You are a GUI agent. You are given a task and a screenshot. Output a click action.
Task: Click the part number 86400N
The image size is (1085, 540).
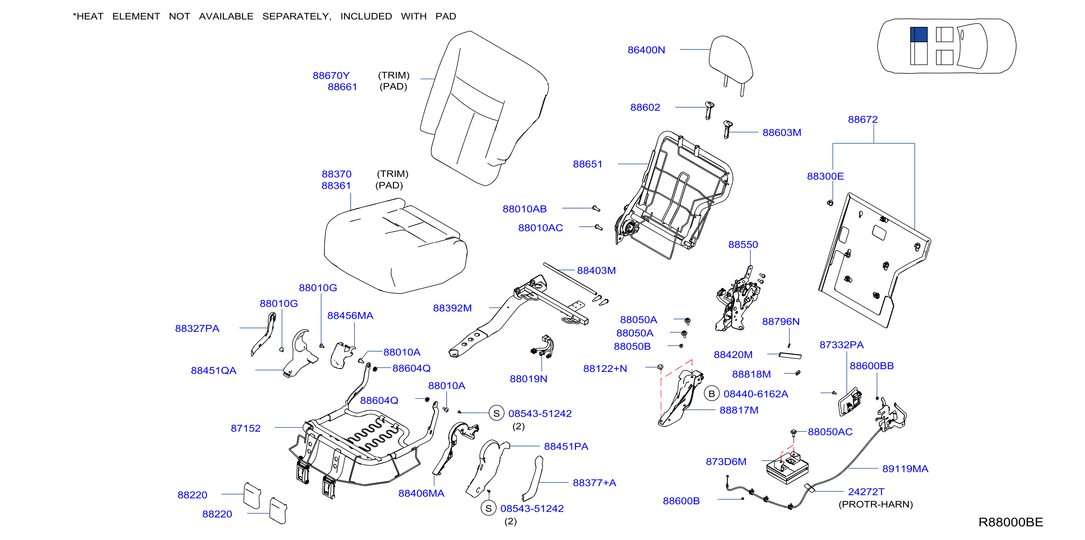point(646,49)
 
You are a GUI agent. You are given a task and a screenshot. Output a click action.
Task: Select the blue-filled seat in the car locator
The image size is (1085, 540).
point(919,35)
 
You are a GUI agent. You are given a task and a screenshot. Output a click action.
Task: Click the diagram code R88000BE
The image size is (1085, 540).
point(1010,522)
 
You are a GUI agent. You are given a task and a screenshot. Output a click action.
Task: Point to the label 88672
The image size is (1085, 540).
point(863,119)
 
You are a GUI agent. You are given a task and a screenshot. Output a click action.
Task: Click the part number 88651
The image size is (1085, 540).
point(588,164)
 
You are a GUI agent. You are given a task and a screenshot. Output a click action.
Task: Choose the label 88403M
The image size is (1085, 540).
point(596,271)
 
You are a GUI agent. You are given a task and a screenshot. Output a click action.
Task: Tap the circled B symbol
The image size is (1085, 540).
point(711,393)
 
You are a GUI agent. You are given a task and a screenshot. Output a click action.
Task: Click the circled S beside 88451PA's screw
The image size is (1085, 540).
point(489,508)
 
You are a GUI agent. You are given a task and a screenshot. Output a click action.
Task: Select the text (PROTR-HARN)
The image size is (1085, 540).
point(876,504)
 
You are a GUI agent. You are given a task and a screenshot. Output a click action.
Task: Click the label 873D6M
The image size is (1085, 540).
point(726,462)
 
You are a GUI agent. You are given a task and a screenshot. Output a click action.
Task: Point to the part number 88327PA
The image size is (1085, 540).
point(197,328)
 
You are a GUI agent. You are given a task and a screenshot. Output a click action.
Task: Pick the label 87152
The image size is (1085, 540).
point(245,428)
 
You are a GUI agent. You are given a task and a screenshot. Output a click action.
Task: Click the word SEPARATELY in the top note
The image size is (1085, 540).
point(296,16)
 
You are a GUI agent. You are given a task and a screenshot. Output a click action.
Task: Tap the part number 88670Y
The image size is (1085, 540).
point(331,75)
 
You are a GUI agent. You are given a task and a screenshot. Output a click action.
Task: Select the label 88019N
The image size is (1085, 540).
point(529,379)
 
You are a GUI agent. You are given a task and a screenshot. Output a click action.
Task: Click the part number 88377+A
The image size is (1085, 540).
point(594,483)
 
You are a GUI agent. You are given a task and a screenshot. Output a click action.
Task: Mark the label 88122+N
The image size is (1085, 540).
point(605,369)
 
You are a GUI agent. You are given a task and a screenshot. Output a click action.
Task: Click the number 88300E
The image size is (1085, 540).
point(825,176)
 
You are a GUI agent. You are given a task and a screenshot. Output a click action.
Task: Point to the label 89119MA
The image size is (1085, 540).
point(905,469)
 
